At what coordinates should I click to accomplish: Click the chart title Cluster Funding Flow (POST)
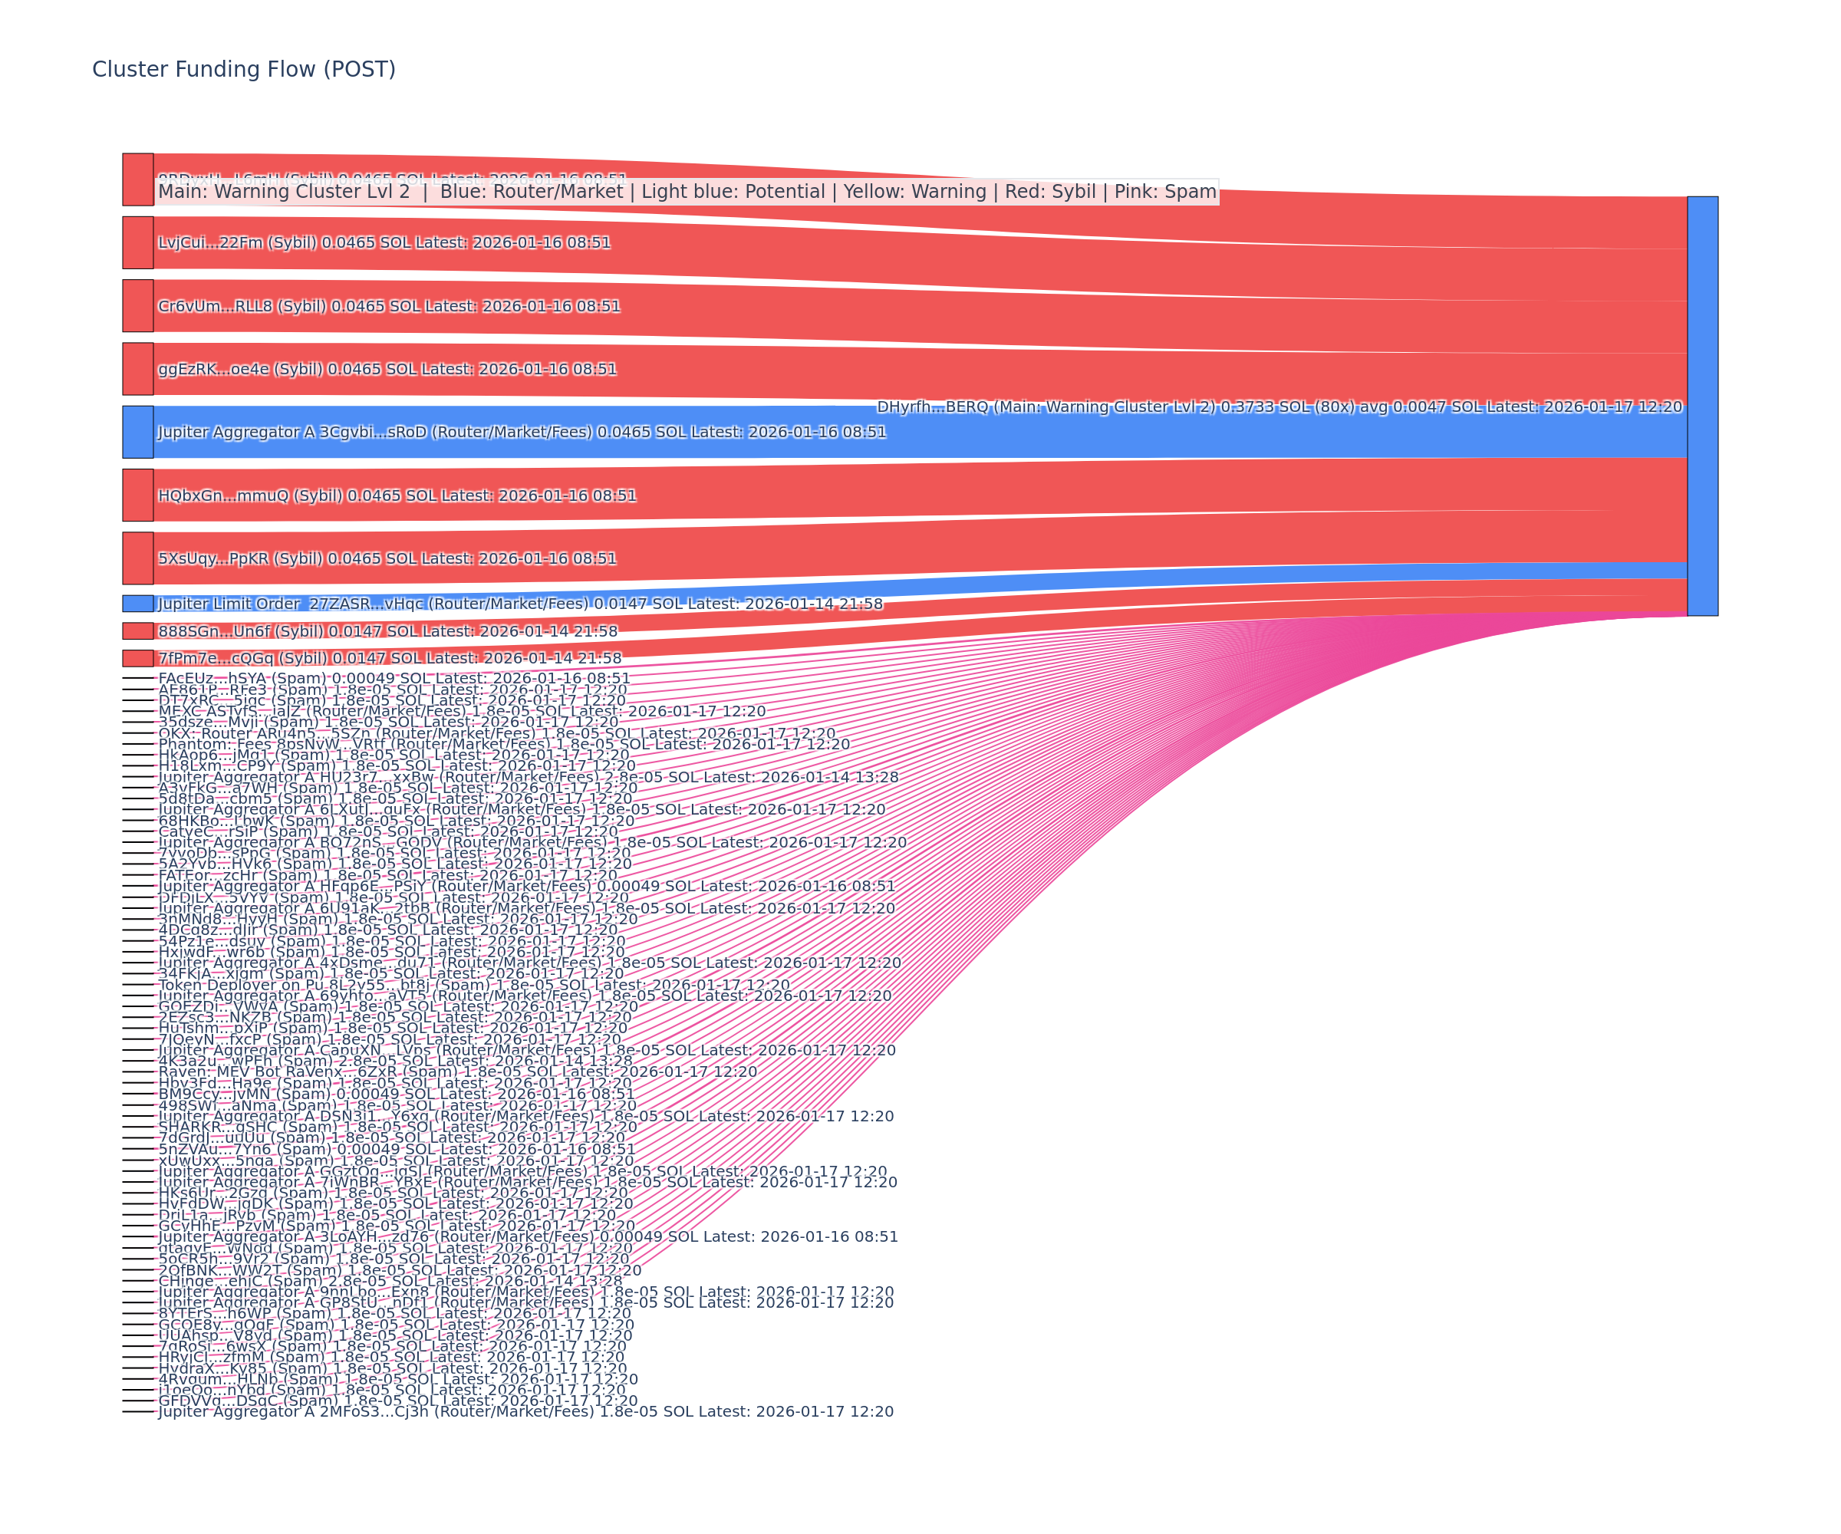[x=244, y=69]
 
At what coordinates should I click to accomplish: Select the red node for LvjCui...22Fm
[x=137, y=243]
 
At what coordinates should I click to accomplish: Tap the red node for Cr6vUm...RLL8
[x=137, y=306]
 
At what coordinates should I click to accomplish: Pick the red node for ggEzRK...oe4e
[x=137, y=369]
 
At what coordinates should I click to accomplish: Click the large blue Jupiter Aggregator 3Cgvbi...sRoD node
[x=137, y=432]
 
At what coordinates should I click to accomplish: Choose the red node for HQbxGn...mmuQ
[x=137, y=495]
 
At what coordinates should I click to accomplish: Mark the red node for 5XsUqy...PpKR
[x=137, y=558]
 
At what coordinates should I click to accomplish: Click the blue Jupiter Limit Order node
[x=137, y=604]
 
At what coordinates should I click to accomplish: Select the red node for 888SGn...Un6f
[x=137, y=631]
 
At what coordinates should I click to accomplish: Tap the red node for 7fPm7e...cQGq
[x=137, y=658]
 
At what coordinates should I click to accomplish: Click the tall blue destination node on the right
[x=1702, y=406]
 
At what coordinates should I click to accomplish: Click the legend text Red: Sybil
[x=1050, y=192]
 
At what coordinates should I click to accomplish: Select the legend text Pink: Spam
[x=1165, y=192]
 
